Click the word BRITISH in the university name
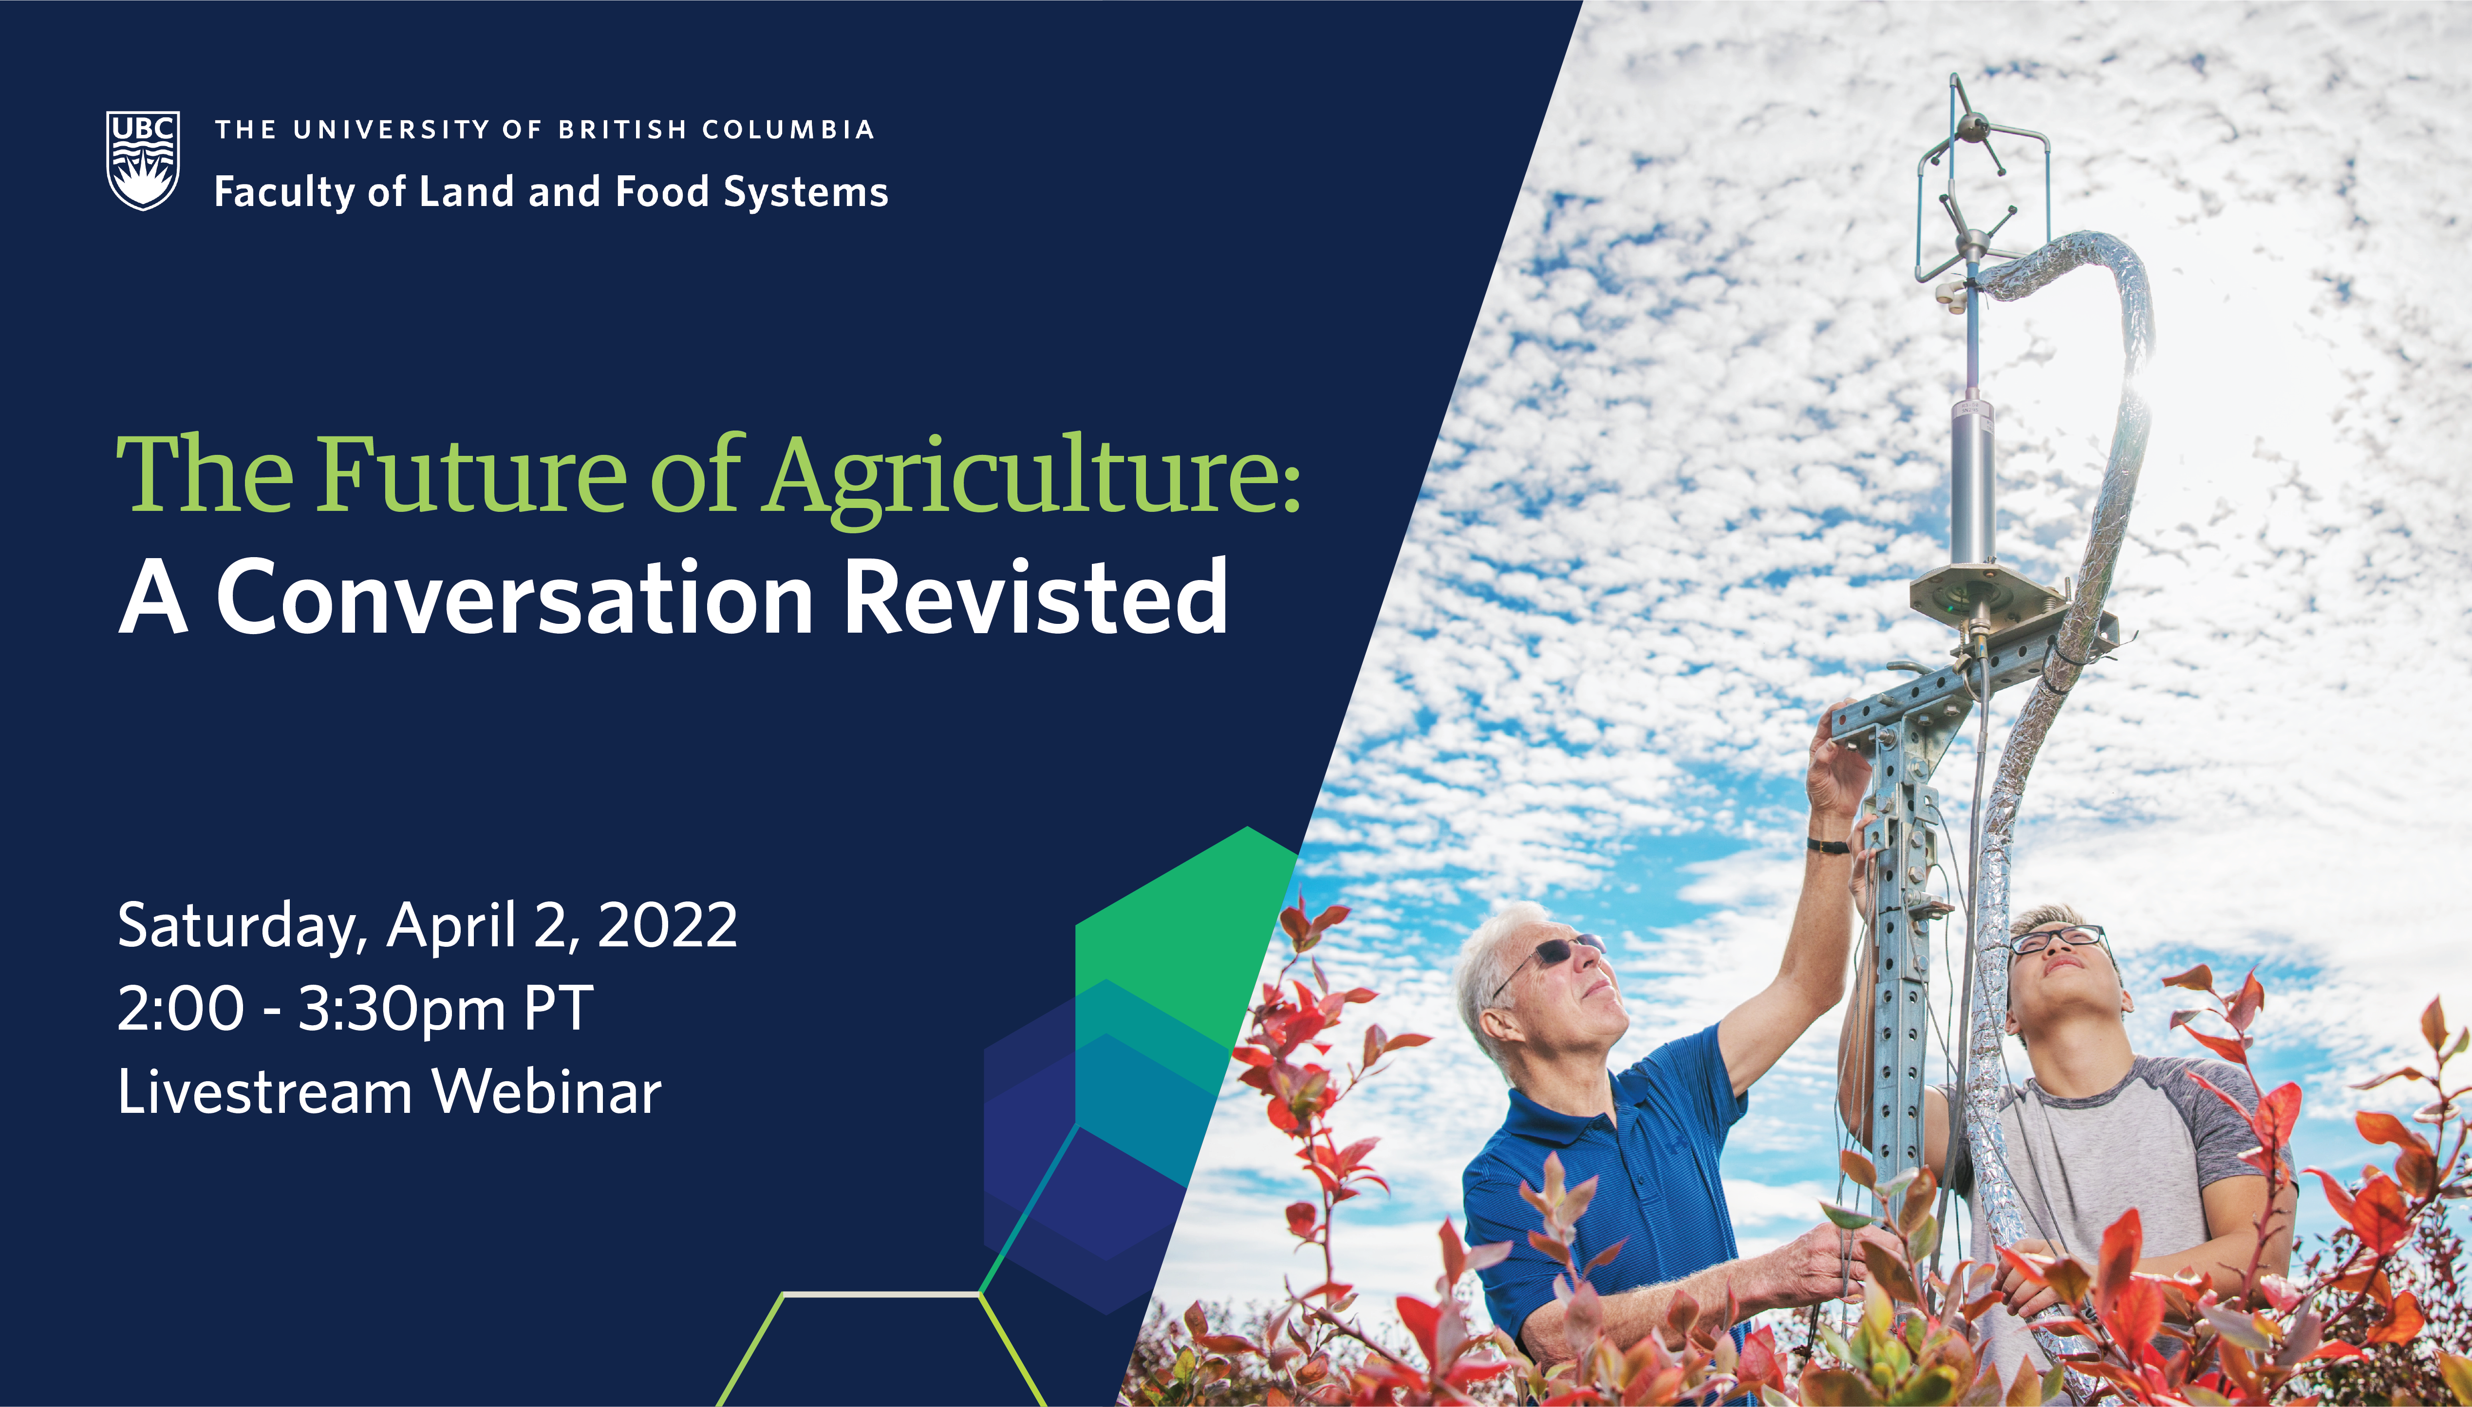[623, 130]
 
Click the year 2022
[668, 925]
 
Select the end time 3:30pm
[401, 1010]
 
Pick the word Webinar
[547, 1092]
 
